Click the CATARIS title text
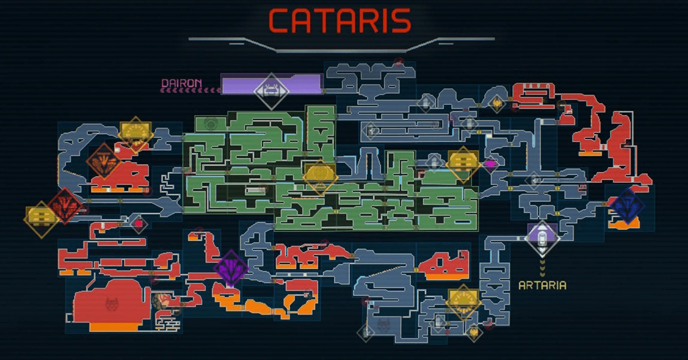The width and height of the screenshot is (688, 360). (340, 21)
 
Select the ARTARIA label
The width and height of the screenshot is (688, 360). (542, 285)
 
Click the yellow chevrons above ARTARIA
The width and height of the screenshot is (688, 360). (542, 267)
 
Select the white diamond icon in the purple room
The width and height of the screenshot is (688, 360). (271, 90)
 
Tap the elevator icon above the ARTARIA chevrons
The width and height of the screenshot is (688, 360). (542, 238)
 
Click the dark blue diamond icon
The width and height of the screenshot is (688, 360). (626, 206)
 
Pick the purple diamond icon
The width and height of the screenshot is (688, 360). (231, 268)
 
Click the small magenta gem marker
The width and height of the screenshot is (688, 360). (491, 163)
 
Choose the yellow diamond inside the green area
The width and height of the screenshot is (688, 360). (320, 177)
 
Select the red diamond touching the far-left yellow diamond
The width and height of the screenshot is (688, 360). (66, 206)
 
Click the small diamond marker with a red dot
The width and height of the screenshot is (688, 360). (138, 224)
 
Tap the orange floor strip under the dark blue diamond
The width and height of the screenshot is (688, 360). (626, 225)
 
